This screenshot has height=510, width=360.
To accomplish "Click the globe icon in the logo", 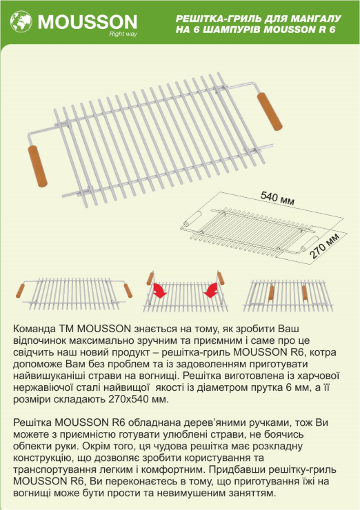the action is click(21, 22).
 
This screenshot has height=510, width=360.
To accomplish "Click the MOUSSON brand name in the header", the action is click(88, 22).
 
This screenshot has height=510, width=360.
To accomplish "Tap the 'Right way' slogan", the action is click(123, 34).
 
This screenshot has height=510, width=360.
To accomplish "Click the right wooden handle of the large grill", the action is click(270, 112).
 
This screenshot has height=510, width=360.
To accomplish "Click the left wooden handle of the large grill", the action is click(38, 166).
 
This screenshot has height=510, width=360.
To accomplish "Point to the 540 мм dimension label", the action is click(277, 198).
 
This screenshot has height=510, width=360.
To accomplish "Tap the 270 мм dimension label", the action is click(324, 245).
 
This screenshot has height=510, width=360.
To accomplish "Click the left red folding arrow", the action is click(160, 289).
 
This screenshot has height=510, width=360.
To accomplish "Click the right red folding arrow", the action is click(210, 289).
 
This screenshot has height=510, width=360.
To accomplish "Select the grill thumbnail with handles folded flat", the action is click(288, 294).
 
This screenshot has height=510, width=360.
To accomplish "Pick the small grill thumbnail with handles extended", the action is click(74, 294).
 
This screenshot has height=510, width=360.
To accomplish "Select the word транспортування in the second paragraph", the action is click(54, 470).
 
